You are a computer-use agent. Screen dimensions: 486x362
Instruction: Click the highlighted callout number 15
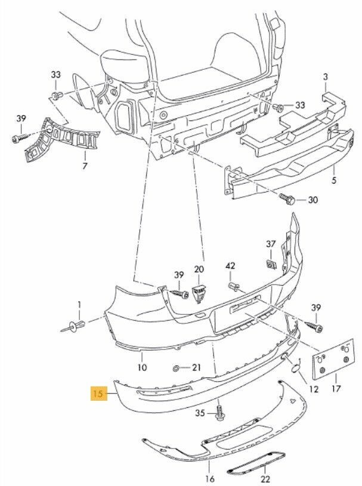(x=97, y=394)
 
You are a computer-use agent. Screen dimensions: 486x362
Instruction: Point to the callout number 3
(x=325, y=77)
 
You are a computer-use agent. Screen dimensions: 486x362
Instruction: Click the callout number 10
(x=142, y=368)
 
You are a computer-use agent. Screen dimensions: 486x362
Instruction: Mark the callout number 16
(x=209, y=479)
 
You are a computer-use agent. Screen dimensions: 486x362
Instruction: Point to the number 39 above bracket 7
(x=21, y=119)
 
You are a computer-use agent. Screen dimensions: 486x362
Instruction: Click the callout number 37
(x=271, y=244)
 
